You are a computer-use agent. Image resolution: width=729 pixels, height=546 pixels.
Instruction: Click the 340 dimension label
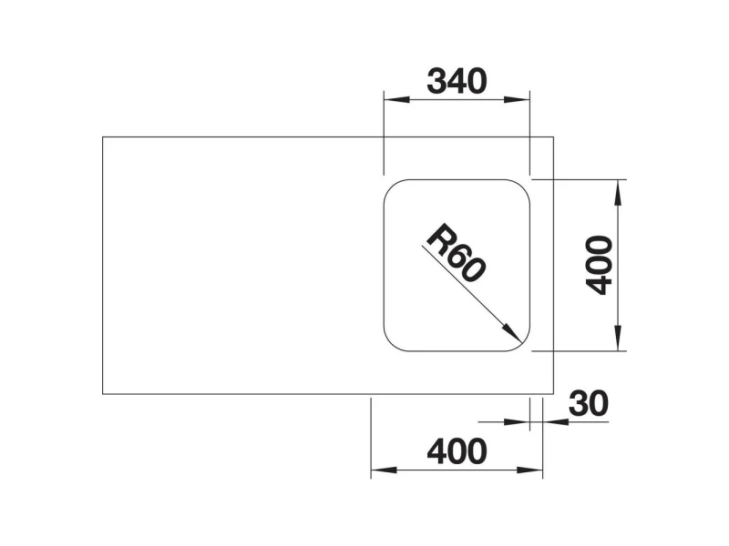point(457,82)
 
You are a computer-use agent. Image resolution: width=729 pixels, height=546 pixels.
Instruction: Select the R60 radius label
point(457,254)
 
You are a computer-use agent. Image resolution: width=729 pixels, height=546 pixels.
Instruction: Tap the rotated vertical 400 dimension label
point(600,265)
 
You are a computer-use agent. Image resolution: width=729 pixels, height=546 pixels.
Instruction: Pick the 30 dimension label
point(588,403)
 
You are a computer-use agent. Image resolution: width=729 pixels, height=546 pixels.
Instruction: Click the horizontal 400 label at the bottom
point(457,451)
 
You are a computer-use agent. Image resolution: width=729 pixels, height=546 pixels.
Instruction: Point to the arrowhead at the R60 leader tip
point(512,333)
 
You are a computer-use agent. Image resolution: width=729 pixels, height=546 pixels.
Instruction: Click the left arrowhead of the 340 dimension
point(396,99)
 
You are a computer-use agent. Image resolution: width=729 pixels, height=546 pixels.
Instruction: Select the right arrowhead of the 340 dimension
point(517,99)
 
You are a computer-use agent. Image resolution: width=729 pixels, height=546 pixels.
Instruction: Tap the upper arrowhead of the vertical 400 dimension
point(618,192)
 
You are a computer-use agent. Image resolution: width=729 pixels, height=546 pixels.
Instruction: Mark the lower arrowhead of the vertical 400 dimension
point(618,338)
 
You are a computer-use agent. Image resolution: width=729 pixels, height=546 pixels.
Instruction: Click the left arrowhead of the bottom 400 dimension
point(384,470)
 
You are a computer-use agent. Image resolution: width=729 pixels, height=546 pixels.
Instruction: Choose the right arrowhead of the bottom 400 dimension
point(529,470)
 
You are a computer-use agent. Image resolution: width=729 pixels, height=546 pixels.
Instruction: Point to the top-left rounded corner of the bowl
point(391,187)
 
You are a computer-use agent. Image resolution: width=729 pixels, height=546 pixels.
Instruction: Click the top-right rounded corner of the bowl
point(522,187)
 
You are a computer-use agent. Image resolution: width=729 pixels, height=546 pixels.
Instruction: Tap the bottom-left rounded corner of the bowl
point(391,344)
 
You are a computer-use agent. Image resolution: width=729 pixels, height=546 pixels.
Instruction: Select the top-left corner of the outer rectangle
point(103,137)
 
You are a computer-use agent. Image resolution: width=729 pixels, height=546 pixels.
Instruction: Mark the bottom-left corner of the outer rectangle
point(103,394)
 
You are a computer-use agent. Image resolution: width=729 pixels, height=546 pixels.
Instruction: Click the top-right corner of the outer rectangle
point(553,137)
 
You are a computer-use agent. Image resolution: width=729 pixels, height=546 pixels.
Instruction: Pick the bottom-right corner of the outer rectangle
point(553,394)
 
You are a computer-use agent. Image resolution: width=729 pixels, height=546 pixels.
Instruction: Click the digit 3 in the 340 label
point(436,82)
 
